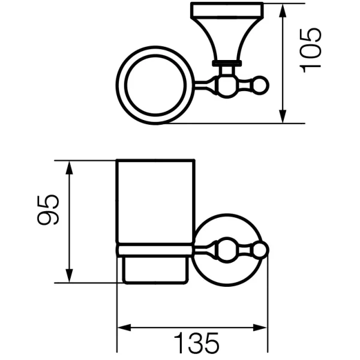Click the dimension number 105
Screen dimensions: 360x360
point(313,50)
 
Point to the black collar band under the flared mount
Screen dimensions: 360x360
point(227,62)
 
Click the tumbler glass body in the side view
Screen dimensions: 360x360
point(155,201)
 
